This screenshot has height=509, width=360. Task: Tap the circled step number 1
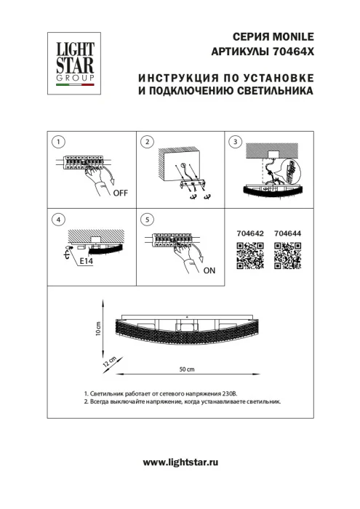[x=60, y=142]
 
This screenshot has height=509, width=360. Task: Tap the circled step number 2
[x=148, y=142]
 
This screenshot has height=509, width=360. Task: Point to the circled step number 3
[x=234, y=142]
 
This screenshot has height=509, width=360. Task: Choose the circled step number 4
[x=60, y=219]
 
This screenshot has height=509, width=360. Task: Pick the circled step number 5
[x=148, y=219]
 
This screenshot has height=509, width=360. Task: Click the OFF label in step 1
[x=120, y=193]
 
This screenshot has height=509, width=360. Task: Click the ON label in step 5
[x=209, y=270]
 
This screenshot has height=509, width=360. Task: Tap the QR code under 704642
[x=248, y=257]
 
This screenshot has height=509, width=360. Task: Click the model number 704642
[x=249, y=233]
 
